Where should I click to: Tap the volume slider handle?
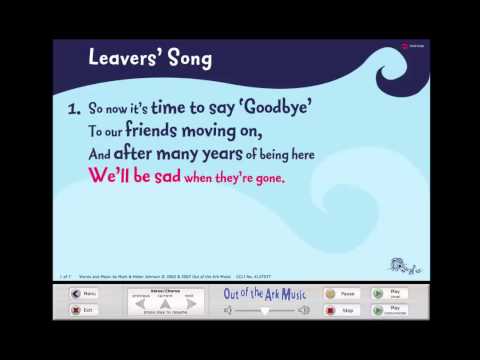(x=265, y=311)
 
